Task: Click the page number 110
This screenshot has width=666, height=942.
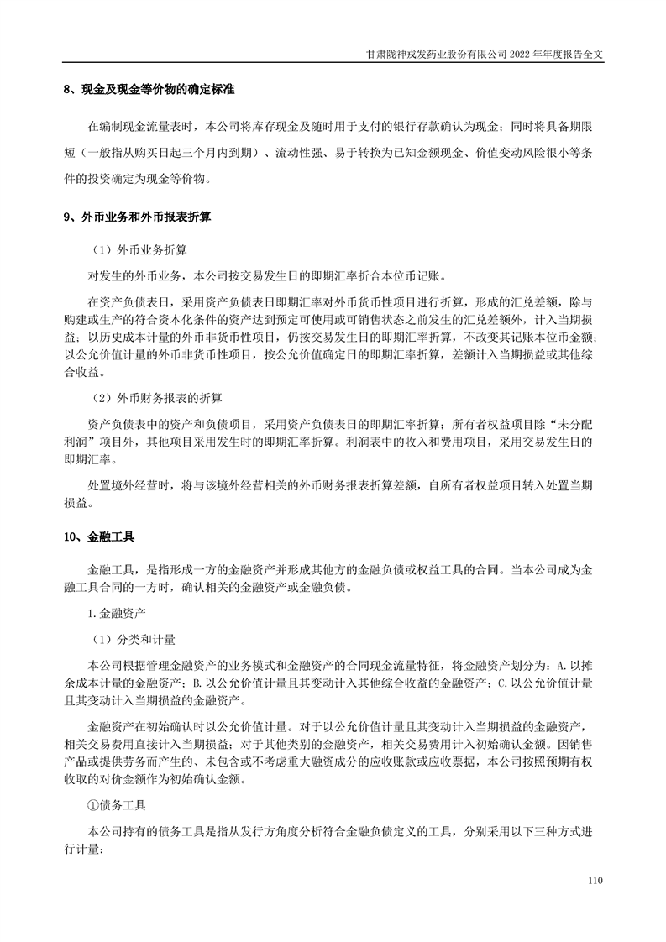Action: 596,881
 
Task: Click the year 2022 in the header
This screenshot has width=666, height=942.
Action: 513,51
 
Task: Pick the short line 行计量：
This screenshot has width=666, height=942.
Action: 86,849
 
